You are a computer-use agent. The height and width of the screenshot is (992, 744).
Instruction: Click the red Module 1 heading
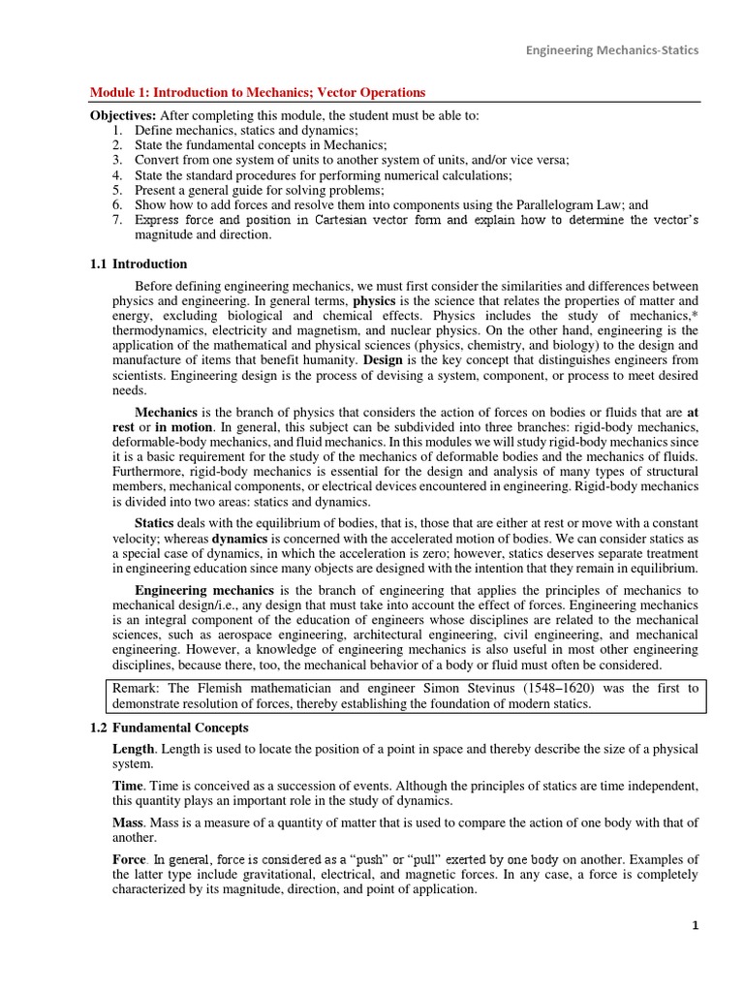tap(257, 93)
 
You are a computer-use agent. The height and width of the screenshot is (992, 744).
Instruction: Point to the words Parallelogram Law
tap(570, 205)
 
